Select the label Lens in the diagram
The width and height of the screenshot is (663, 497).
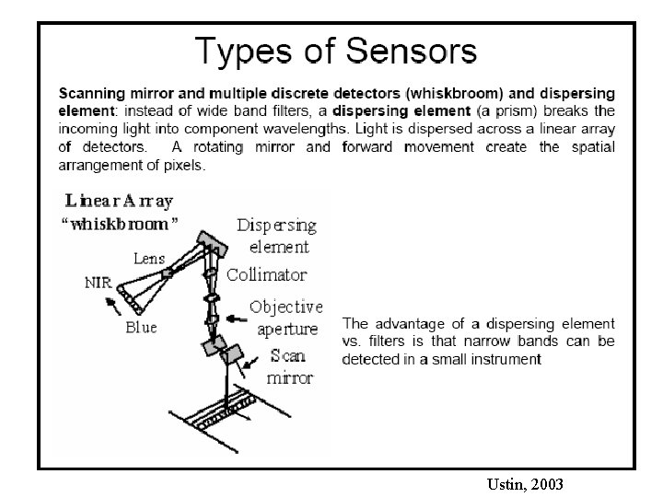[x=149, y=260]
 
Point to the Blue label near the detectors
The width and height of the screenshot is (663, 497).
[x=141, y=327]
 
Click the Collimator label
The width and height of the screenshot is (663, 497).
[x=266, y=274]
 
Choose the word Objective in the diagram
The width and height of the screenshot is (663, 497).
[x=286, y=306]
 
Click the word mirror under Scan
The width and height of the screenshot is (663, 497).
[x=290, y=377]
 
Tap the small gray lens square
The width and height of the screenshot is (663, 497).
[x=168, y=273]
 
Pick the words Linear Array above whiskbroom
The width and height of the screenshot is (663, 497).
[x=119, y=201]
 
